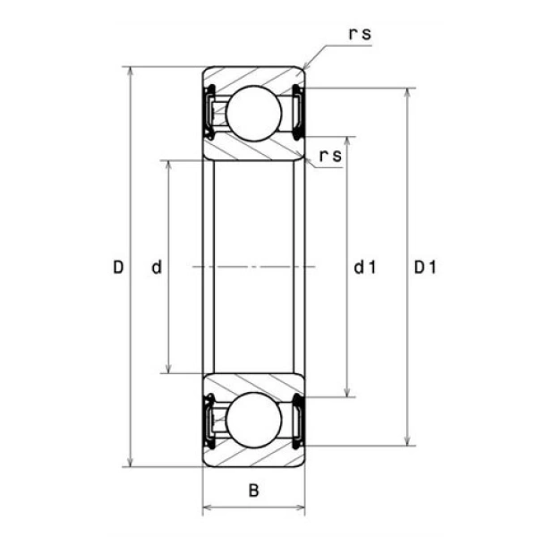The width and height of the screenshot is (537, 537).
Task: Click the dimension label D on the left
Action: (117, 267)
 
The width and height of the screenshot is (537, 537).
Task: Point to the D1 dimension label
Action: (424, 267)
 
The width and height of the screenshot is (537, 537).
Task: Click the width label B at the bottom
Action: (254, 490)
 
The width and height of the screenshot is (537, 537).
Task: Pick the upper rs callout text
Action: (360, 35)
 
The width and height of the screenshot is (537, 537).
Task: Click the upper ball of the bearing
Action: (251, 112)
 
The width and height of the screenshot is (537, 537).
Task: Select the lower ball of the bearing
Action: (251, 421)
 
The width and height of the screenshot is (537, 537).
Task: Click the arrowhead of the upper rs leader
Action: (305, 68)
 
